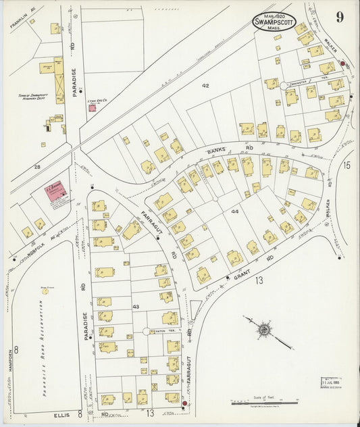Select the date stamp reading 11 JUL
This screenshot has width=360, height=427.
tap(330, 382)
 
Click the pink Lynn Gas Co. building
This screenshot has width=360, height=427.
tap(92, 107)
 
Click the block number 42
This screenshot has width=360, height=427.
tap(205, 86)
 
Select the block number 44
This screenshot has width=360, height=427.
tap(234, 211)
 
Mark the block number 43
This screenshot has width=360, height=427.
tap(135, 306)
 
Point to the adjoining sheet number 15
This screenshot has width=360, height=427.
tap(346, 164)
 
